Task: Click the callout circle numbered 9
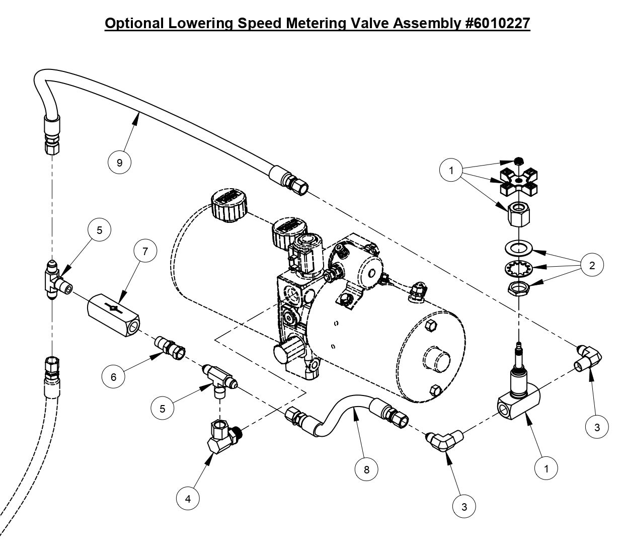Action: pyautogui.click(x=119, y=163)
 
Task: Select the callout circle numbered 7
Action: pyautogui.click(x=145, y=251)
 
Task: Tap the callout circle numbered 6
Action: pyautogui.click(x=114, y=376)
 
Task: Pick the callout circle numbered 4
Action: pyautogui.click(x=188, y=499)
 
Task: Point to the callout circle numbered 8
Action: pyautogui.click(x=366, y=469)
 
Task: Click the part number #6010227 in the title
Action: pyautogui.click(x=497, y=23)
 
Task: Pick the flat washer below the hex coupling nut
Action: pyautogui.click(x=517, y=248)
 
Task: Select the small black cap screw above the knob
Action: pyautogui.click(x=518, y=161)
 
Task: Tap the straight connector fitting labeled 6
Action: pyautogui.click(x=171, y=347)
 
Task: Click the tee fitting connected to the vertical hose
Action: pyautogui.click(x=53, y=280)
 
